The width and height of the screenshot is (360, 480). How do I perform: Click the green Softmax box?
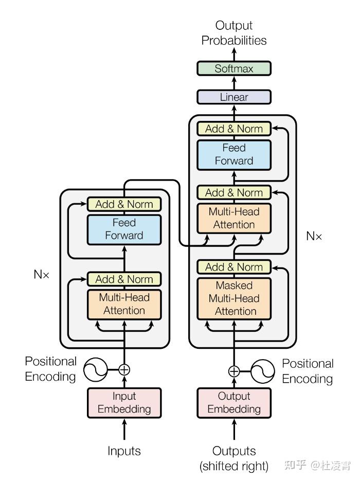tap(234, 68)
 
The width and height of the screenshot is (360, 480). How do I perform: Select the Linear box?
tap(234, 97)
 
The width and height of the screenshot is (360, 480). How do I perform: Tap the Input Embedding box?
tap(124, 402)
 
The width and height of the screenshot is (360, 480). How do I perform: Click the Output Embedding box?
tap(234, 402)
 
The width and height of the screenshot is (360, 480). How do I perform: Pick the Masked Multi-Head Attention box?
tap(234, 298)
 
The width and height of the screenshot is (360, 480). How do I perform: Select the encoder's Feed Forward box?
tap(124, 229)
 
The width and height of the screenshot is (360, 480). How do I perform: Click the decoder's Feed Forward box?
tap(234, 154)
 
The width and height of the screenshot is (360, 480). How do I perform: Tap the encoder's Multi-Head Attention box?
tap(124, 304)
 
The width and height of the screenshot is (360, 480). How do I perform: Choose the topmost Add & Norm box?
tap(234, 129)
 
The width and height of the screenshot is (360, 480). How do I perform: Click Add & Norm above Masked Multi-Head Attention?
tap(234, 267)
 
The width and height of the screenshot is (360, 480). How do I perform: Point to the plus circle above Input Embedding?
tap(124, 369)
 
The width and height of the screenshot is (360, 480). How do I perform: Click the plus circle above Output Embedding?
tap(234, 371)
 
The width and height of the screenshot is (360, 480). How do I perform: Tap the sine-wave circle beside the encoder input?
tap(96, 369)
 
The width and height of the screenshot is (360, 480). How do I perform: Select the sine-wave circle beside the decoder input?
tap(263, 371)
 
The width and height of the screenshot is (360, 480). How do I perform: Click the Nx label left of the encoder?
tap(42, 274)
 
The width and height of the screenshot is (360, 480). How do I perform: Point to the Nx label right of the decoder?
tap(314, 236)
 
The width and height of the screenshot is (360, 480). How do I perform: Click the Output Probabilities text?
tap(234, 33)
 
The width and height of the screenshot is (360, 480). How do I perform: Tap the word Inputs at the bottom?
tap(124, 451)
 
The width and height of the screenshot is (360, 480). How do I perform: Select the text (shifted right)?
tap(234, 467)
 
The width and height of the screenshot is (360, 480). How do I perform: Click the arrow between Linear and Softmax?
tap(234, 83)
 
